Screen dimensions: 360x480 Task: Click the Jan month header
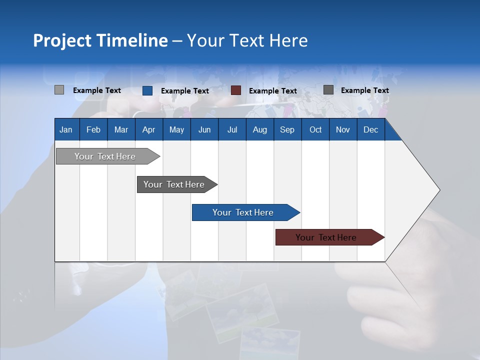66,130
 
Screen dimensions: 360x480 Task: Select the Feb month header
93,130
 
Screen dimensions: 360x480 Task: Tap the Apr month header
148,130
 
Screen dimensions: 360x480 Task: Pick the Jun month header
204,130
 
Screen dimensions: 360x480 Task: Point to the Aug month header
259,130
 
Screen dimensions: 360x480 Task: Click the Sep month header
287,130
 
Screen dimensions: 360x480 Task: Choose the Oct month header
315,130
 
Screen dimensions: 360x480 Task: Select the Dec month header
370,130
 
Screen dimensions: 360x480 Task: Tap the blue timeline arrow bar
243,212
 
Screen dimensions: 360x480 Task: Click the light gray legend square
59,90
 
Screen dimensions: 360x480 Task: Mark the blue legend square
147,90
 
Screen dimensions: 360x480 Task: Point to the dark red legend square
236,90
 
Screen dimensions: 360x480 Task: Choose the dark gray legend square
328,90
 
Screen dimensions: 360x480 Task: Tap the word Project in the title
62,40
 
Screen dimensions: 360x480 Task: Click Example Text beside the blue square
185,91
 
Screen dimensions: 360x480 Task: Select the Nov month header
343,130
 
